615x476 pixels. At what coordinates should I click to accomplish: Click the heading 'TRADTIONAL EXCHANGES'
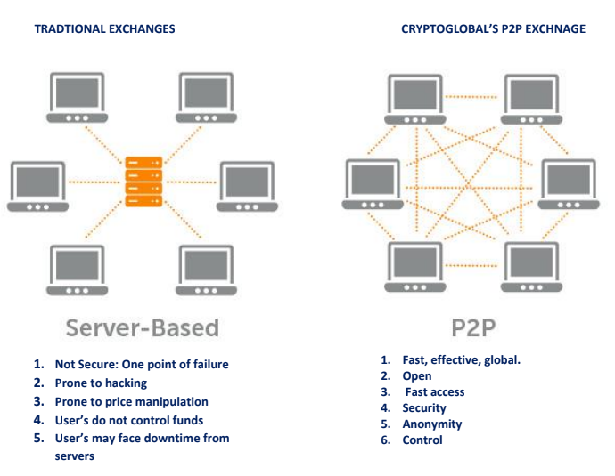coord(104,29)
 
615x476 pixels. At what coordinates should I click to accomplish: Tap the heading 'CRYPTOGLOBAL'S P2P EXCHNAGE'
coord(493,29)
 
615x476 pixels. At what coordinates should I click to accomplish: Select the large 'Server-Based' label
coord(143,327)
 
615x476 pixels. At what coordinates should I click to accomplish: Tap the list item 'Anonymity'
coord(432,424)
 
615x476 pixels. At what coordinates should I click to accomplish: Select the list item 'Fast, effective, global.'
coord(462,359)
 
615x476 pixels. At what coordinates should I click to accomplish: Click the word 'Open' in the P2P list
coord(417,375)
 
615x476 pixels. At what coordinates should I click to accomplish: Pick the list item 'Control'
coord(422,440)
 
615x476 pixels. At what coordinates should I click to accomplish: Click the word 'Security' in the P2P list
coord(424,408)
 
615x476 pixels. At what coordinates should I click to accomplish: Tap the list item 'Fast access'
coord(435,391)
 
